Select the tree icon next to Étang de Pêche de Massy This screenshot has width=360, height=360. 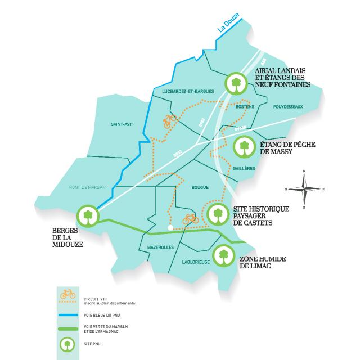[x=244, y=148]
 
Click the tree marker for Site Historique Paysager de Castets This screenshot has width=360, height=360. [x=218, y=214]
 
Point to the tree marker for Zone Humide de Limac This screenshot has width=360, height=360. [x=223, y=256]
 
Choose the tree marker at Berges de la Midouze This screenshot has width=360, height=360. [x=87, y=214]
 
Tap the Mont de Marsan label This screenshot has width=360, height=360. [x=87, y=187]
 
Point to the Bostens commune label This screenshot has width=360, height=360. [x=246, y=106]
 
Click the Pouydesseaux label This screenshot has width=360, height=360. [x=287, y=106]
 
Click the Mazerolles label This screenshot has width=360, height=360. [x=160, y=247]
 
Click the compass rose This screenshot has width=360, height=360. [x=304, y=189]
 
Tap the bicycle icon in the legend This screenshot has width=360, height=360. [x=67, y=293]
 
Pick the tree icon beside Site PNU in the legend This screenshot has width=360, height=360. [x=67, y=343]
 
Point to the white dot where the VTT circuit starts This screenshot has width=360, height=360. [x=169, y=228]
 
